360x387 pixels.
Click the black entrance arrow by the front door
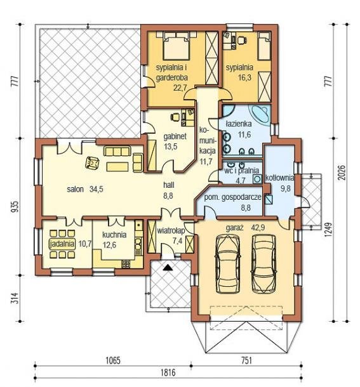coord(167,267)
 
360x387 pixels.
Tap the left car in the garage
coord(227,264)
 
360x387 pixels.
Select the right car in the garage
coord(263,263)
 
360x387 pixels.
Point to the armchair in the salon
coord(92,163)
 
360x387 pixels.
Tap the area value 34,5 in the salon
coord(97,189)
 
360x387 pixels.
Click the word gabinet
coord(175,136)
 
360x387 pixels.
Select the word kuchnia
coord(114,235)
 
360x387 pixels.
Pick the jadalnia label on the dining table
coord(62,244)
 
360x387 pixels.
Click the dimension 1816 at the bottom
coord(168,372)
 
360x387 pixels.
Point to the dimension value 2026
coord(342,173)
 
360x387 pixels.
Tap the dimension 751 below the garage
coord(246,360)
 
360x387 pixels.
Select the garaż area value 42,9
coord(258,227)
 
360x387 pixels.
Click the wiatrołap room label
coord(171,231)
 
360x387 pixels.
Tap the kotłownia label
coord(279,178)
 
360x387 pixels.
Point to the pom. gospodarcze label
coord(232,197)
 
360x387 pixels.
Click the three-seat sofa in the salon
coord(117,151)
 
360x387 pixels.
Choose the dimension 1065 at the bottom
coord(113,360)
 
